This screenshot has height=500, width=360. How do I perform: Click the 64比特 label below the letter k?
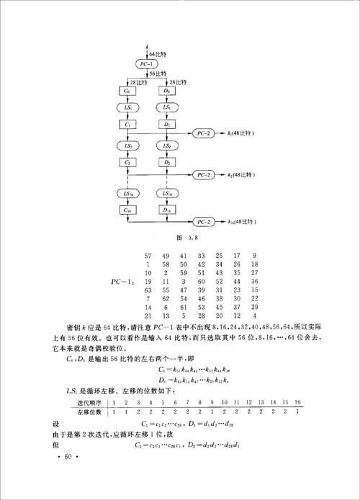158,55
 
